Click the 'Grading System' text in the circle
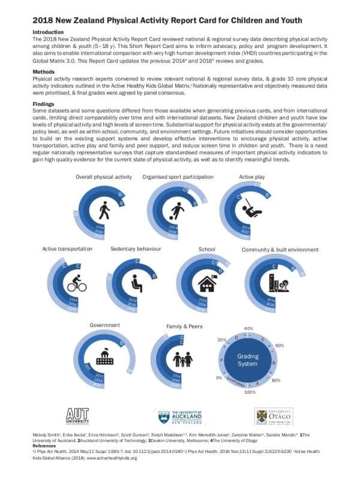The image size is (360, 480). coord(248,360)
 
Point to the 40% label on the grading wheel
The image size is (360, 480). coord(248,328)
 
